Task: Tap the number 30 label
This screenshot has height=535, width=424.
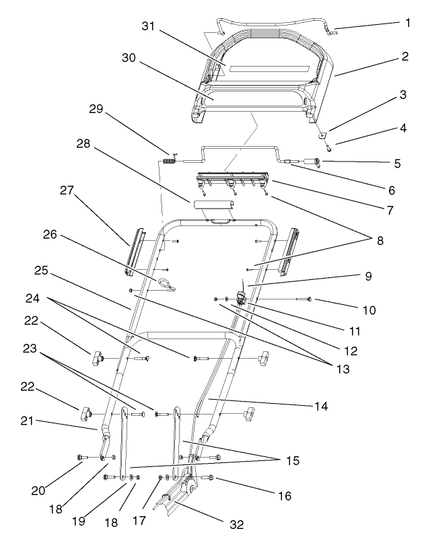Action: coord(129,59)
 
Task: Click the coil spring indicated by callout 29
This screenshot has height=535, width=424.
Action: coord(170,161)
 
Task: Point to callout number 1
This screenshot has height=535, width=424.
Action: coord(407,22)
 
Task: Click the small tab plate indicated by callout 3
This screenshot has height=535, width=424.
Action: coord(322,134)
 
